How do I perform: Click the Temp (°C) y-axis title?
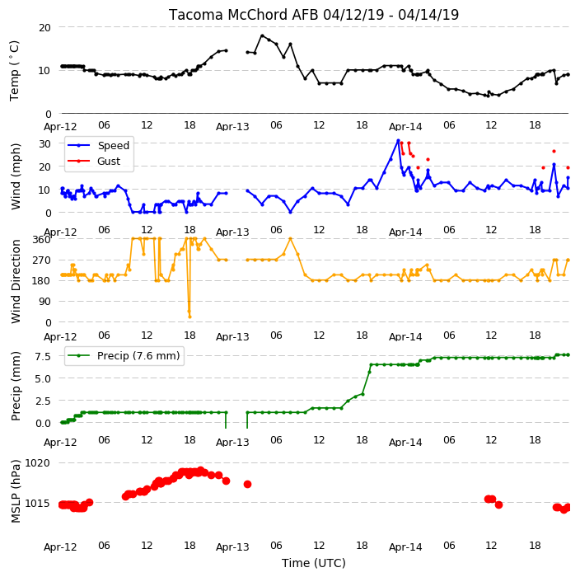[14, 71]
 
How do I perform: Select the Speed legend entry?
[98, 145]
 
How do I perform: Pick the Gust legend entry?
[94, 161]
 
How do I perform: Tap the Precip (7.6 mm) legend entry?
[124, 355]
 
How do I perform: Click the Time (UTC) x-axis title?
[314, 563]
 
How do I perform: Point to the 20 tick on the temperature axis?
[44, 27]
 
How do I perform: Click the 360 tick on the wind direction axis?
[41, 240]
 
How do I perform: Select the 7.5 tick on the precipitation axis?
[43, 356]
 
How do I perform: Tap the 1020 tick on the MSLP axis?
[37, 463]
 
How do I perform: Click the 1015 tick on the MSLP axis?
[37, 503]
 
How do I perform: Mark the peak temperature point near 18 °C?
[262, 36]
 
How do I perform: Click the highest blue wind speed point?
[399, 141]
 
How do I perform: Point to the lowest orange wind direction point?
[189, 317]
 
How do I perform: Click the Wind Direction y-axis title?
[16, 281]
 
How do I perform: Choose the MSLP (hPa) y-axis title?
[16, 491]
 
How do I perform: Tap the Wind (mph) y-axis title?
[16, 176]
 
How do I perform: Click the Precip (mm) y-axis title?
[16, 386]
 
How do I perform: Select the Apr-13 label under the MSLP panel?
[232, 547]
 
